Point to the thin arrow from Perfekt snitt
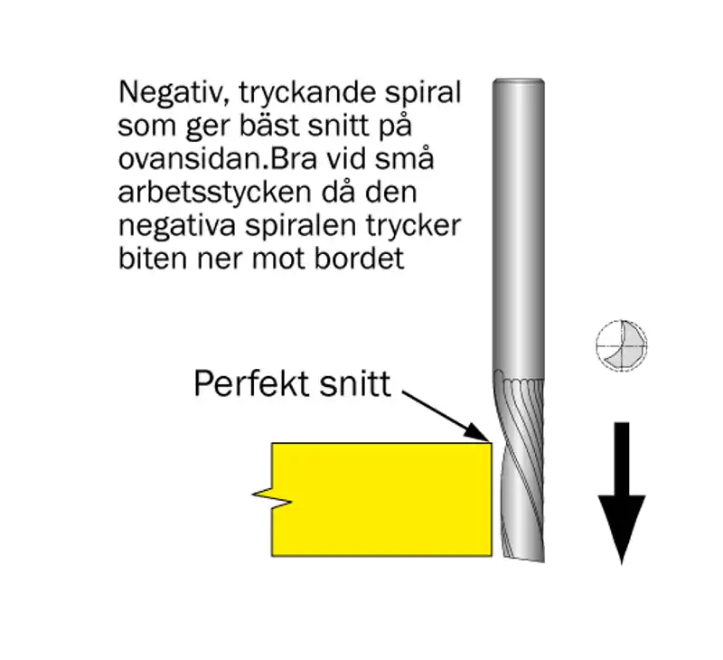[444, 417]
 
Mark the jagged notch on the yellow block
[272, 496]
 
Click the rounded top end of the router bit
[518, 83]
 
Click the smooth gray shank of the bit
[518, 226]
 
